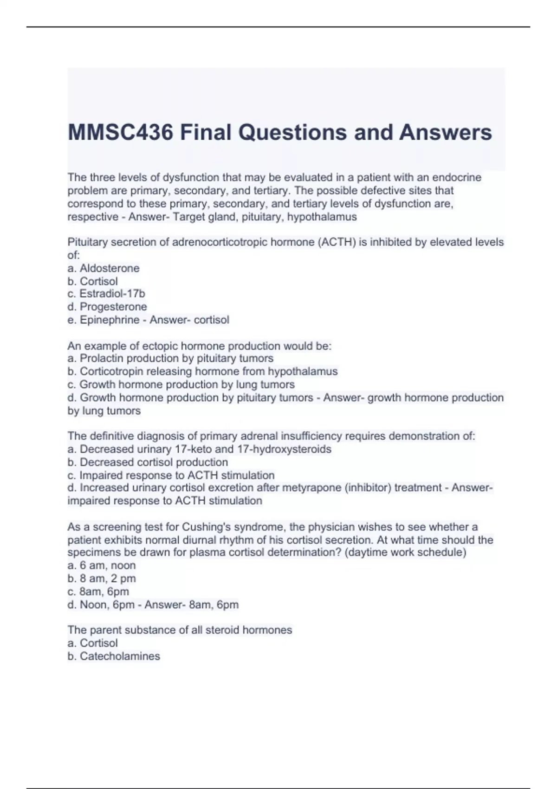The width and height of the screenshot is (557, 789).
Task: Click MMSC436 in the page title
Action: pyautogui.click(x=120, y=132)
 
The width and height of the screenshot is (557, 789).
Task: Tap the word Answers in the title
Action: pyautogui.click(x=445, y=132)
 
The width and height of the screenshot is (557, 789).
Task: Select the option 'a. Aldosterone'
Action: pyautogui.click(x=104, y=268)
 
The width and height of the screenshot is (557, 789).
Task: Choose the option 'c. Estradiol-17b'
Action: pyautogui.click(x=106, y=294)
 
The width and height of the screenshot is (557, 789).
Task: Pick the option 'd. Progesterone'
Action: pyautogui.click(x=107, y=307)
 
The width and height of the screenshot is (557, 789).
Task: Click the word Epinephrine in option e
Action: pyautogui.click(x=110, y=320)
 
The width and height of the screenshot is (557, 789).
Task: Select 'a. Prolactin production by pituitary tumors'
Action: pyautogui.click(x=170, y=358)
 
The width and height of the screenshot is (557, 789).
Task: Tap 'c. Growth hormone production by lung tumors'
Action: pyautogui.click(x=181, y=384)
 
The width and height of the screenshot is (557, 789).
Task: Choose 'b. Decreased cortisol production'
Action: pyautogui.click(x=148, y=462)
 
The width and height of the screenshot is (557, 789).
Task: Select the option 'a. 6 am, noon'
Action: pyautogui.click(x=102, y=565)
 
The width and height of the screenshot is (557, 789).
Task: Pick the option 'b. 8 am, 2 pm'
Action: pyautogui.click(x=102, y=578)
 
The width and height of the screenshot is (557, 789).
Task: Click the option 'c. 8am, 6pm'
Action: pyautogui.click(x=98, y=591)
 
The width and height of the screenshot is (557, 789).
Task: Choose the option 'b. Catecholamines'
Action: pyautogui.click(x=114, y=656)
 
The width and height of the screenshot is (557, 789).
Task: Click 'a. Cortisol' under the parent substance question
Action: pyautogui.click(x=93, y=643)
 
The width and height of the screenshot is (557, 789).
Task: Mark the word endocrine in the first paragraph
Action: pyautogui.click(x=457, y=178)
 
